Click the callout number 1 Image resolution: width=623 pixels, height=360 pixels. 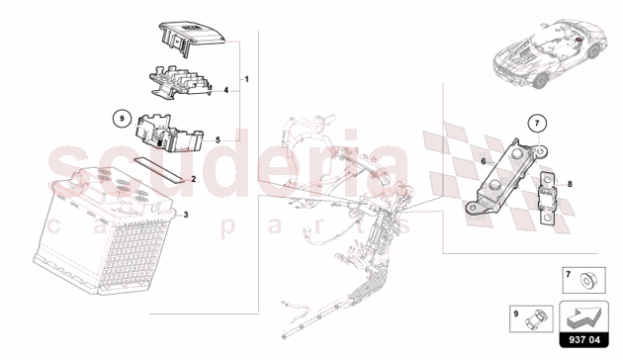[x=247, y=79]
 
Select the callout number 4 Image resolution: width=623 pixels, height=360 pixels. [x=225, y=90]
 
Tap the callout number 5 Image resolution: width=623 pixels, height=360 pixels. [x=218, y=139]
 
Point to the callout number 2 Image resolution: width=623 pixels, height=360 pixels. [x=194, y=179]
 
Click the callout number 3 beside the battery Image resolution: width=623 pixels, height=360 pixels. [x=186, y=215]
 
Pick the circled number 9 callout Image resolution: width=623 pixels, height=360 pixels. [x=122, y=119]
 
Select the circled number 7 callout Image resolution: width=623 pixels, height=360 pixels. [x=537, y=124]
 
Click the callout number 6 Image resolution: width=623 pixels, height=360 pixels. [x=484, y=161]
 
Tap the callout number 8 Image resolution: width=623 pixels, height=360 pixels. [x=570, y=184]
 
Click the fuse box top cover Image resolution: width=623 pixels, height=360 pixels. [x=192, y=39]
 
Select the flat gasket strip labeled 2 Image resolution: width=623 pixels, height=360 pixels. [x=159, y=169]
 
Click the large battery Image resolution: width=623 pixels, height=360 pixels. [x=104, y=230]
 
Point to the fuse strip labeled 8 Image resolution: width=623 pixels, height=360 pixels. [x=548, y=202]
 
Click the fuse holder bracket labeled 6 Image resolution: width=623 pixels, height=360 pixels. [x=505, y=177]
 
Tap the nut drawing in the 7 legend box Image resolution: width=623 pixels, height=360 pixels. [x=587, y=281]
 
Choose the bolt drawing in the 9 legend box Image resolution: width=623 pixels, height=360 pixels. [x=535, y=318]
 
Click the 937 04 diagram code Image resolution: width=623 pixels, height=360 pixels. [x=584, y=340]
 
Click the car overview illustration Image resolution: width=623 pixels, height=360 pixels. [x=550, y=53]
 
